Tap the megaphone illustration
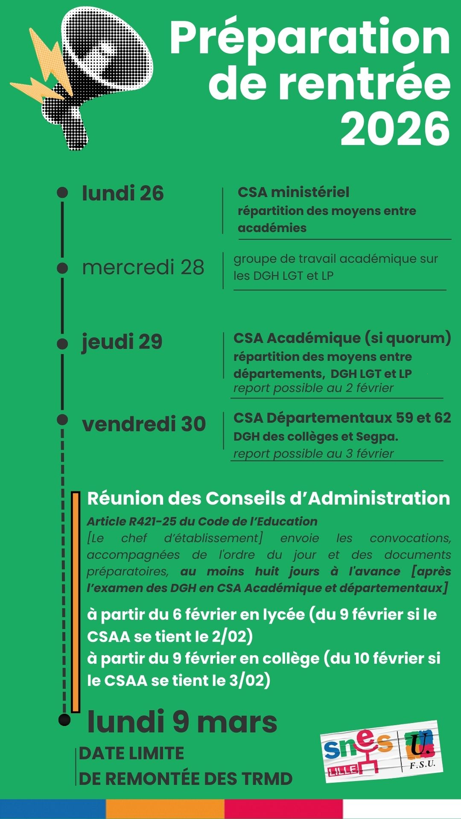click(94, 73)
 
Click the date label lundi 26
click(123, 193)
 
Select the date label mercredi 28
click(143, 267)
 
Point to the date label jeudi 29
click(122, 342)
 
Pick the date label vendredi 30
click(144, 424)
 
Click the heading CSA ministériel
click(293, 192)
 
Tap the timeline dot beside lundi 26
click(62, 192)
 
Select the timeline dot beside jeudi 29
click(62, 344)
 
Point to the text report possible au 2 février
click(313, 388)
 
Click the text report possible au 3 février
click(313, 453)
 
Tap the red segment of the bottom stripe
click(283, 809)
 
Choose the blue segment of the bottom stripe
click(53, 809)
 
